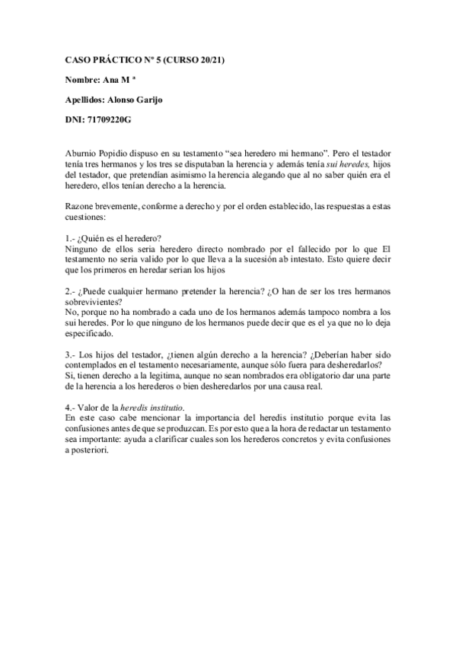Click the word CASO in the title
pos(76,59)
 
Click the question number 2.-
pos(72,291)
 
